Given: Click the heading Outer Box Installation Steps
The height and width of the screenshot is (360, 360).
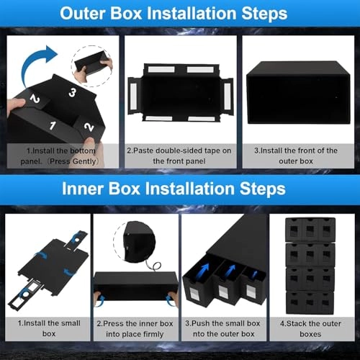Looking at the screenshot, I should (x=180, y=14).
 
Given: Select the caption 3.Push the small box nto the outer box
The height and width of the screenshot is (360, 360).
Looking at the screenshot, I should (x=224, y=329).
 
